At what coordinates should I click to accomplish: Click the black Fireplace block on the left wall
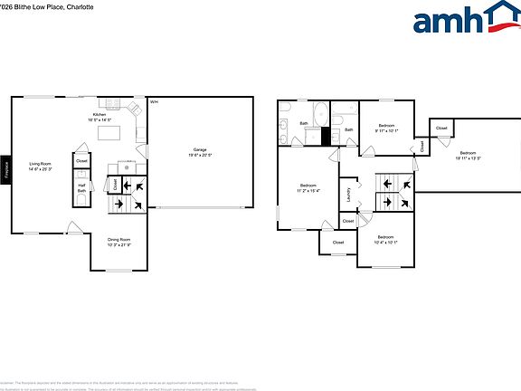pyautogui.click(x=6, y=169)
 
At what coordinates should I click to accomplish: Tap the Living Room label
pyautogui.click(x=39, y=165)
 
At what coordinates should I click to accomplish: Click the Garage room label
pyautogui.click(x=200, y=151)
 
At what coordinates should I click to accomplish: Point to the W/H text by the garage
pyautogui.click(x=154, y=101)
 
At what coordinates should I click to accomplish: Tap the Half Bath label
pyautogui.click(x=81, y=188)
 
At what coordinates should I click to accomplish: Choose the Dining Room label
pyautogui.click(x=119, y=242)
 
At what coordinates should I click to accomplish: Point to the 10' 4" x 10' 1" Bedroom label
pyautogui.click(x=386, y=239)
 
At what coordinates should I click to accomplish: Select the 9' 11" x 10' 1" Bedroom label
pyautogui.click(x=386, y=127)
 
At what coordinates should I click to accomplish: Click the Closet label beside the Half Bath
pyautogui.click(x=81, y=161)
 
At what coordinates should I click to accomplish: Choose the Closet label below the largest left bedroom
pyautogui.click(x=337, y=242)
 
